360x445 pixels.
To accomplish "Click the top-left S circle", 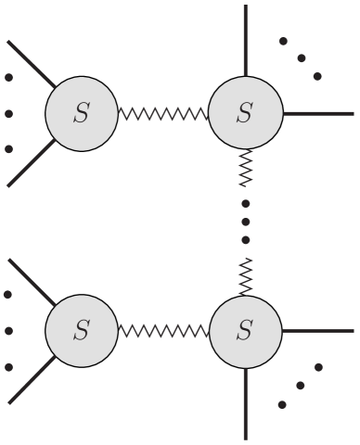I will coord(82,115).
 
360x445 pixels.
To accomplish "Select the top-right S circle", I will coord(245,115).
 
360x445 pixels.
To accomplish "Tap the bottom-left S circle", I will coord(82,330).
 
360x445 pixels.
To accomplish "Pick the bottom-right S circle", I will coord(245,330).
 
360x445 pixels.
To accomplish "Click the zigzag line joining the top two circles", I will coord(163,115).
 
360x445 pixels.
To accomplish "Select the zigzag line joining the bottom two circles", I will coord(163,330).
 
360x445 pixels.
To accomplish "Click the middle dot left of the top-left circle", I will coord(8,115).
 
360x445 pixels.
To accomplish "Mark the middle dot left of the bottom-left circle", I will coord(8,331).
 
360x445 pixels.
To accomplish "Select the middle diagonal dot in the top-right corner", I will coord(301,57).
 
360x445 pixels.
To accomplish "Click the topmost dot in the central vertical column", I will coord(245,203).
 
